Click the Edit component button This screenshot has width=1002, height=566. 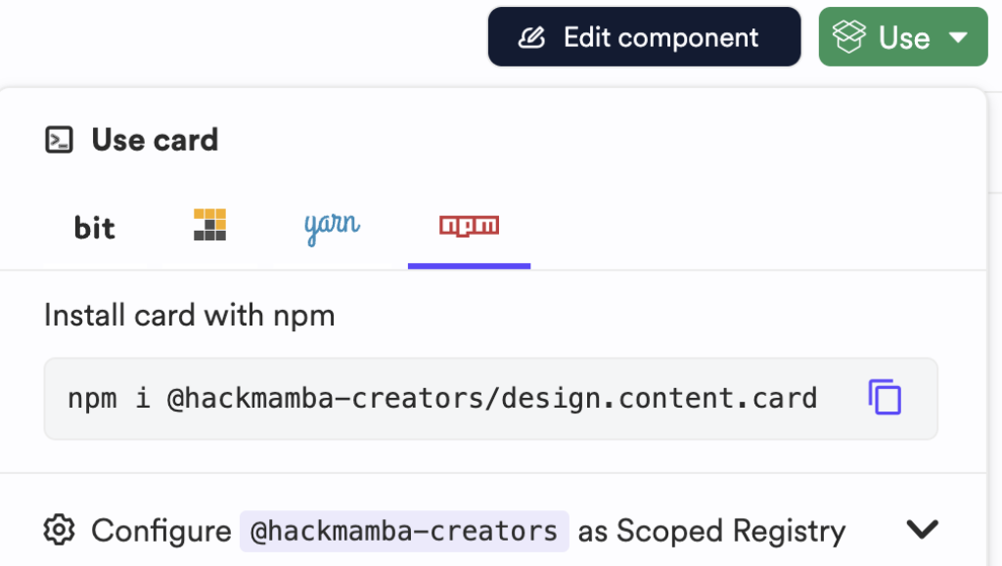(x=644, y=38)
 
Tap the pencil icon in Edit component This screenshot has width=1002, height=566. (x=530, y=38)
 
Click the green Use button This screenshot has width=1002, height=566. (x=902, y=38)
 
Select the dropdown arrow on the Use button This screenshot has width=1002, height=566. (x=957, y=38)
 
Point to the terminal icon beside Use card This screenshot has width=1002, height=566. (x=60, y=140)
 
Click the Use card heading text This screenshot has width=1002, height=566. (x=155, y=140)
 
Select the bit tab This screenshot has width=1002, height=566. (x=95, y=228)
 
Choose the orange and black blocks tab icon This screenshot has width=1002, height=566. (x=209, y=225)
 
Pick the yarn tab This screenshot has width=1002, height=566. (x=332, y=226)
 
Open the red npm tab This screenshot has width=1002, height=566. (x=469, y=226)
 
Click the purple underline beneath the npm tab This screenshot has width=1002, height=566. (x=469, y=266)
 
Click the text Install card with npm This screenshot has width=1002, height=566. (x=190, y=316)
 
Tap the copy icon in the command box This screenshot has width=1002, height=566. (x=885, y=397)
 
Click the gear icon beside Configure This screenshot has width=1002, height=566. (x=60, y=530)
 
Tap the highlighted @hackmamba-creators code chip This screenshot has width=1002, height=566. (x=404, y=531)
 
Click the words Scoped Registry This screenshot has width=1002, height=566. (x=730, y=531)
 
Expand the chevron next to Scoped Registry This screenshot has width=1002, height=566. (x=922, y=530)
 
